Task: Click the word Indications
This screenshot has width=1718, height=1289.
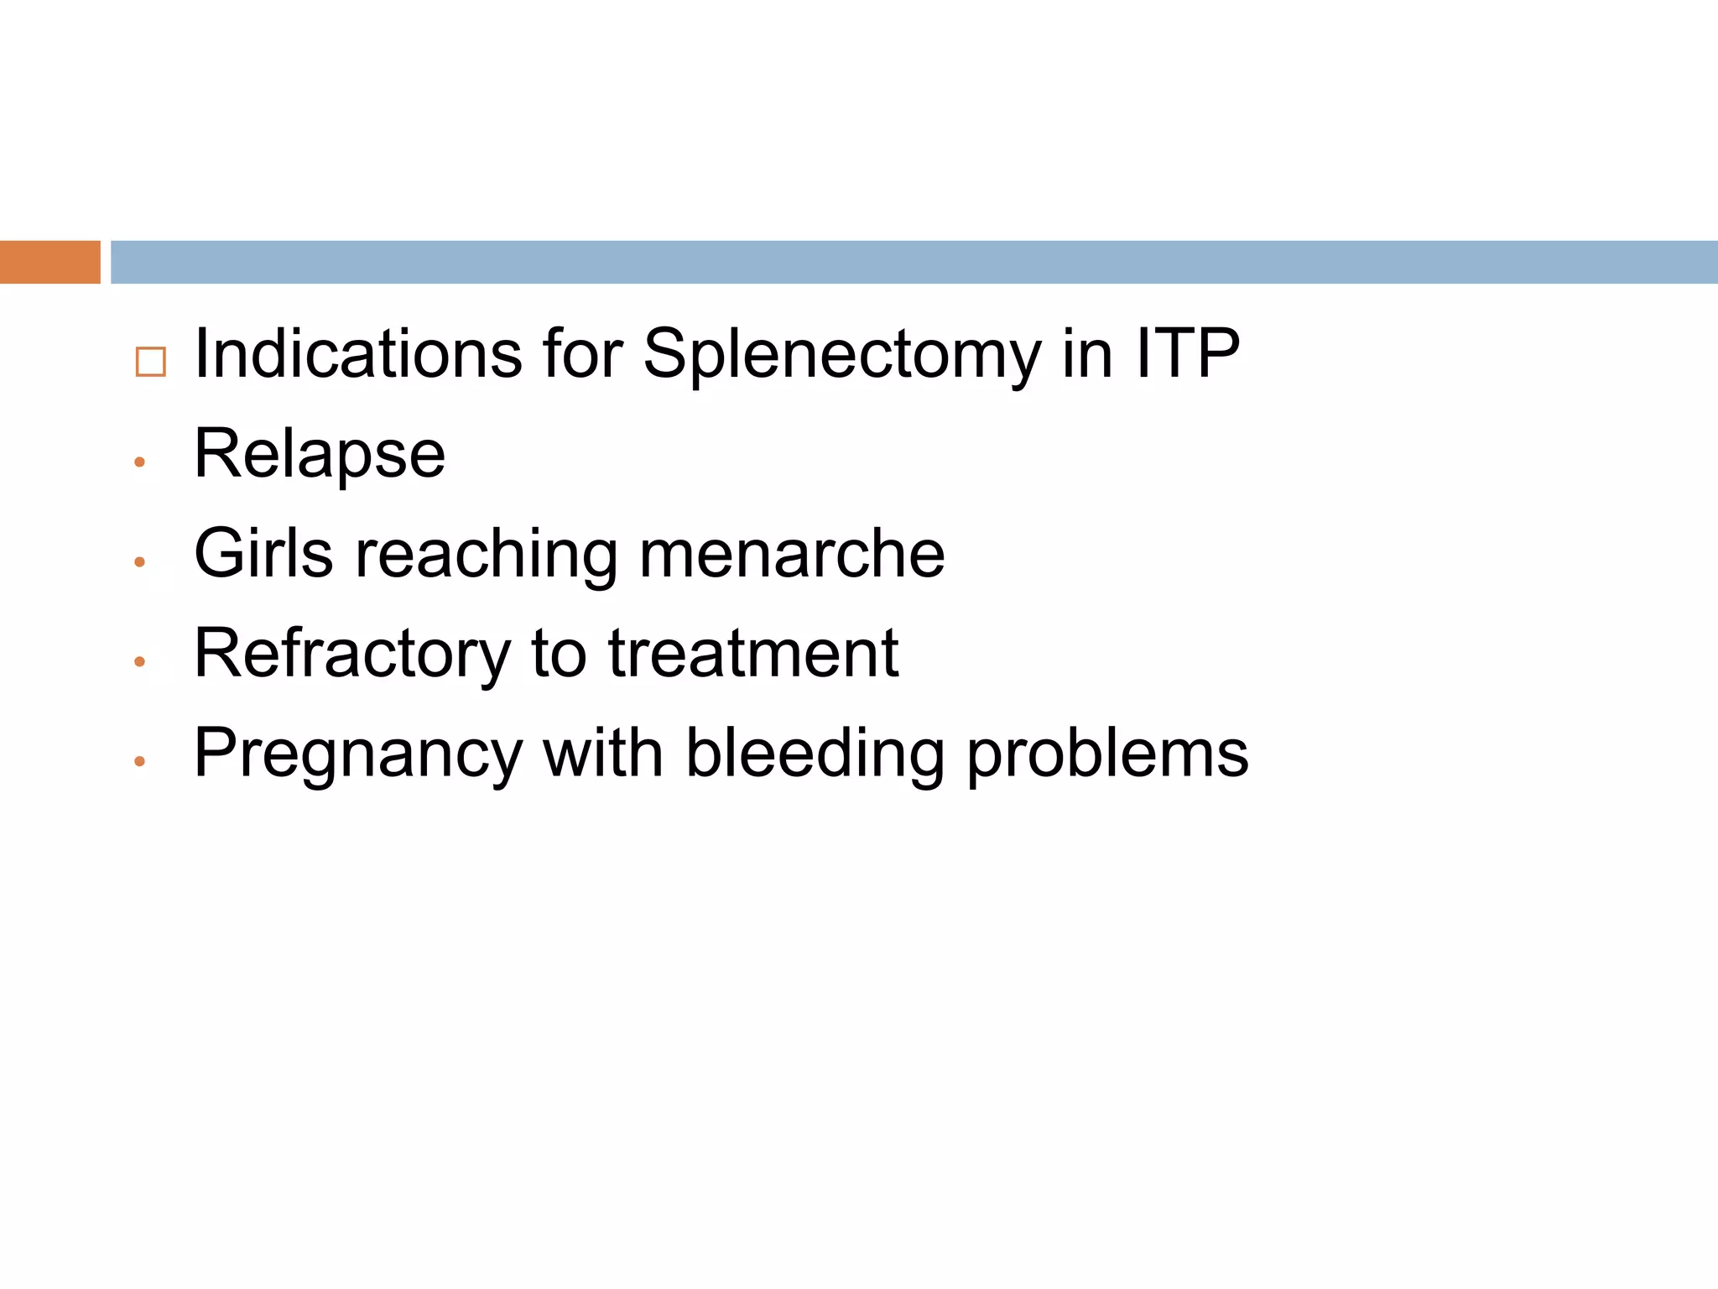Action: pyautogui.click(x=359, y=354)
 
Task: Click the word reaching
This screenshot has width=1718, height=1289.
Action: pyautogui.click(x=486, y=555)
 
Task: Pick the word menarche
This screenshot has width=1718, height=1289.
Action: pyautogui.click(x=792, y=555)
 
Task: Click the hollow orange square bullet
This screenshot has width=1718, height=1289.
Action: pyautogui.click(x=150, y=362)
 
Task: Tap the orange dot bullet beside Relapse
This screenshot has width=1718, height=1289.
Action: pyautogui.click(x=140, y=462)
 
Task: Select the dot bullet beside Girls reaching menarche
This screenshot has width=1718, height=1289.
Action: pyautogui.click(x=140, y=562)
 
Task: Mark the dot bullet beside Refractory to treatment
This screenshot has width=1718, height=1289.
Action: pyautogui.click(x=140, y=662)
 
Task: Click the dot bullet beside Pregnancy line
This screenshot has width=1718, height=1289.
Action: pyautogui.click(x=140, y=762)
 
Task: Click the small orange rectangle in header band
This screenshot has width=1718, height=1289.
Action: pyautogui.click(x=49, y=262)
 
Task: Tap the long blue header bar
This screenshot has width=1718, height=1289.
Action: pyautogui.click(x=914, y=262)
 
